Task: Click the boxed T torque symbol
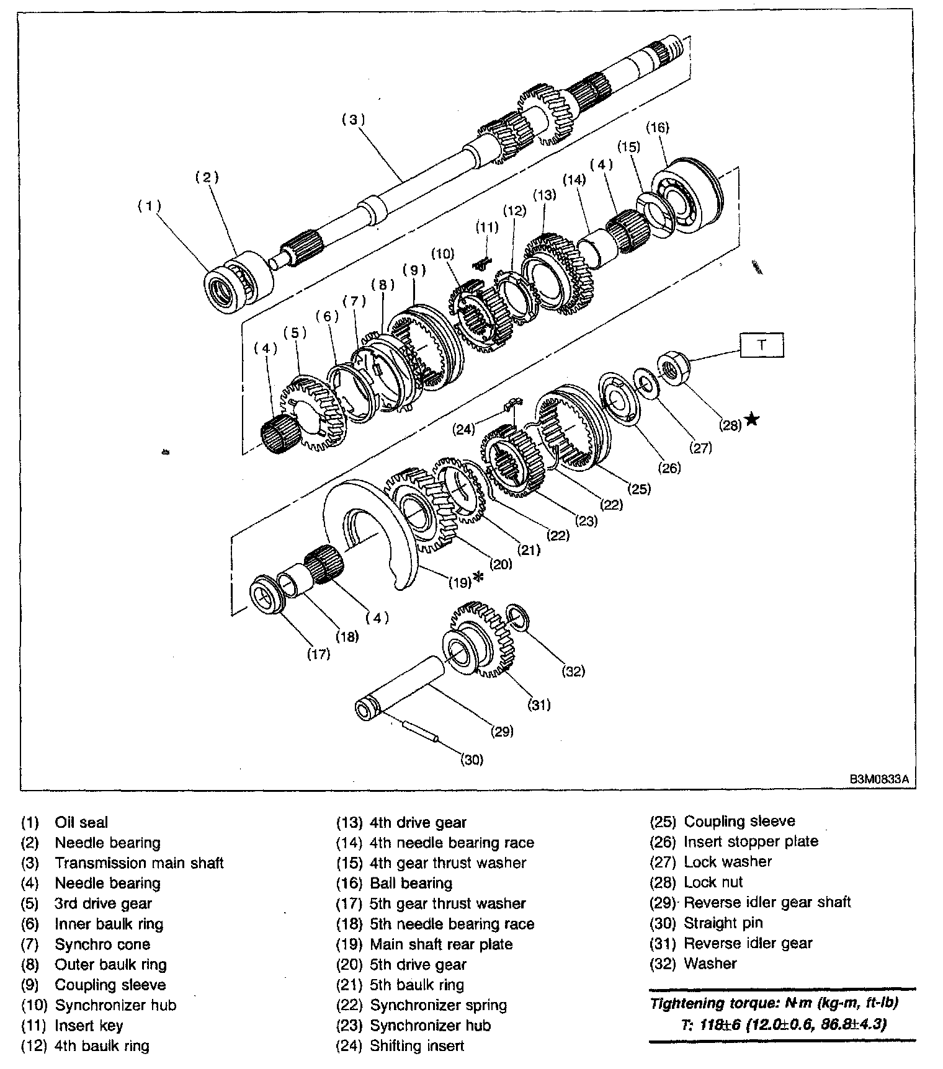click(761, 345)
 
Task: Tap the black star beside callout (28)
click(752, 420)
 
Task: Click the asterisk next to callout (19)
click(478, 578)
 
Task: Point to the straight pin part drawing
click(421, 730)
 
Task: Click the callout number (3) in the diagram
click(354, 120)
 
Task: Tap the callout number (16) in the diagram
click(658, 128)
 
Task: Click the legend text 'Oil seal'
click(81, 823)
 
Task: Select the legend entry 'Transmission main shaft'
click(139, 863)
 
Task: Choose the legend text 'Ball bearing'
click(411, 883)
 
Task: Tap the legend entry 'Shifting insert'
click(417, 1046)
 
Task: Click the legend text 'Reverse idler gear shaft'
click(767, 902)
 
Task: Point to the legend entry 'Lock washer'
click(728, 862)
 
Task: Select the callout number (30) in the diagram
click(471, 759)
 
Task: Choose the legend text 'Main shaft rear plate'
click(441, 944)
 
